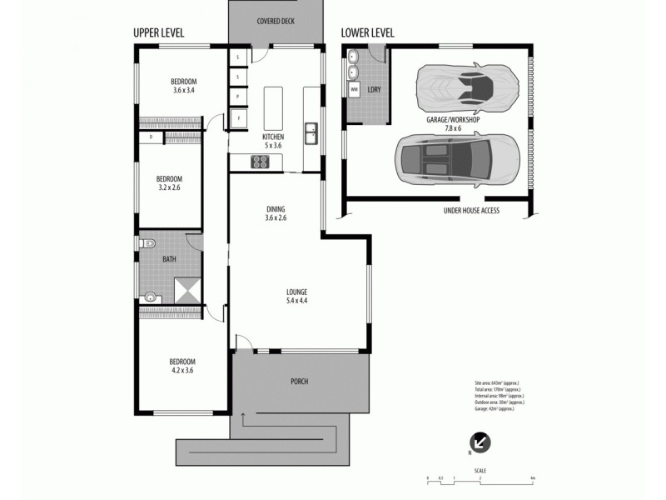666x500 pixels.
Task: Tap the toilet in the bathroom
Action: point(147,244)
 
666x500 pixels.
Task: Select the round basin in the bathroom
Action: point(151,296)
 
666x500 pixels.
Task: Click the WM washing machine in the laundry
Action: point(354,88)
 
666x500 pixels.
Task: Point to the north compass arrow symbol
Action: point(480,442)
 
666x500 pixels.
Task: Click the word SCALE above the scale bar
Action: point(480,470)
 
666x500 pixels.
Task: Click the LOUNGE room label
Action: point(297,292)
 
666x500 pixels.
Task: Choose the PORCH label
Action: point(300,382)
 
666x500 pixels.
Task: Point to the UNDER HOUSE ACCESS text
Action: point(471,212)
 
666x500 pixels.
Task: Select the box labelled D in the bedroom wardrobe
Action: point(151,136)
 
